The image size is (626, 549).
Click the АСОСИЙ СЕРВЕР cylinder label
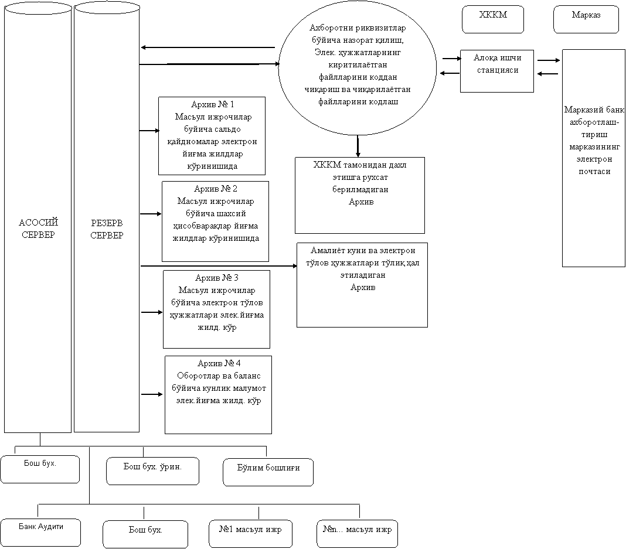point(38,229)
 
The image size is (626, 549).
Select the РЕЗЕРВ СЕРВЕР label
point(107,229)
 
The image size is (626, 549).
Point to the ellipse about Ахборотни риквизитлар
point(358,64)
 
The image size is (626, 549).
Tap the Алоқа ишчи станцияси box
point(496,71)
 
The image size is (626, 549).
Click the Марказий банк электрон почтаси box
point(594,158)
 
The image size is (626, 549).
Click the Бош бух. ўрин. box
point(152,471)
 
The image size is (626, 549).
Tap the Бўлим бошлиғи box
point(268,472)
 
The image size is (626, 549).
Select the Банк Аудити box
point(40,533)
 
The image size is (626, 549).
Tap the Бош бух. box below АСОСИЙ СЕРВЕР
point(40,469)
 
